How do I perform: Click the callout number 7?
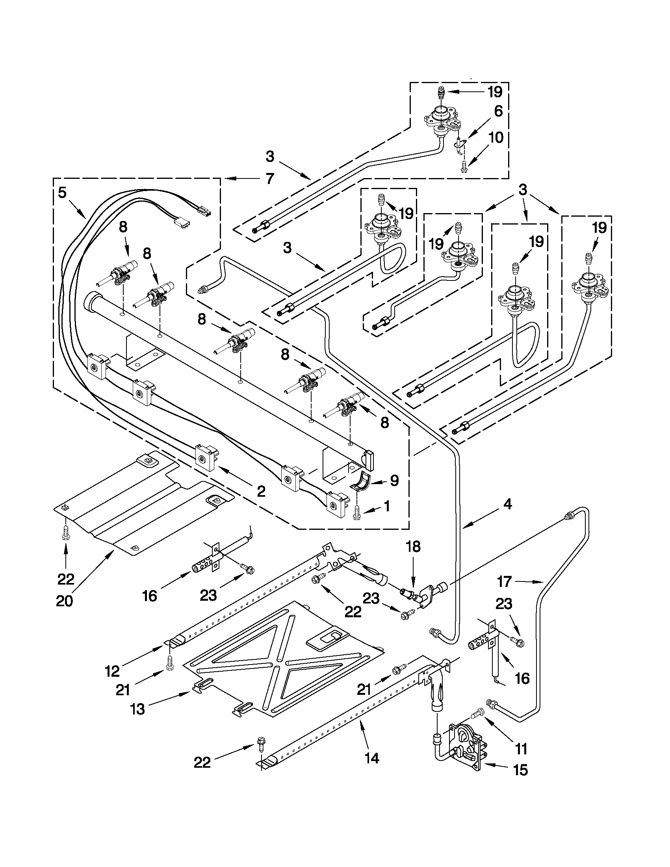270,179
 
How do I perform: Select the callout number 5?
62,193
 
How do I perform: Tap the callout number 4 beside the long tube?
507,505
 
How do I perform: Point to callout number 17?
504,581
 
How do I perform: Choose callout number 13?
138,709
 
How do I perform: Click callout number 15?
520,781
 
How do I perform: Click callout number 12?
112,671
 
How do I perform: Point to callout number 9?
394,481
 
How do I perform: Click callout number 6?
498,111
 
